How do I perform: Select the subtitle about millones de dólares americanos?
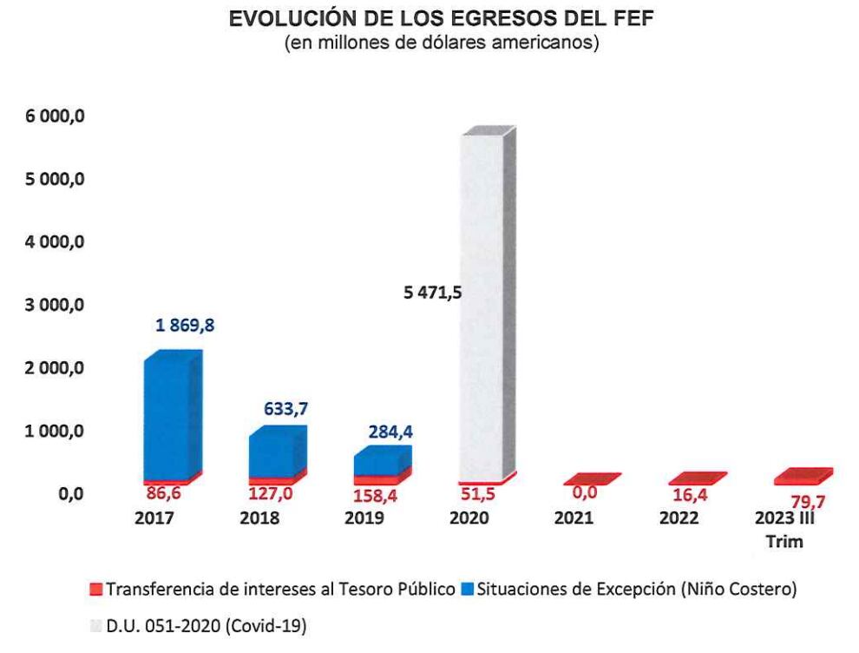[441, 43]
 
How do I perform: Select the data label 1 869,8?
[185, 326]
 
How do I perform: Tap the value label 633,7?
[286, 408]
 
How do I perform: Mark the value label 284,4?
[390, 432]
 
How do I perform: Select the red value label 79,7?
[800, 500]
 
